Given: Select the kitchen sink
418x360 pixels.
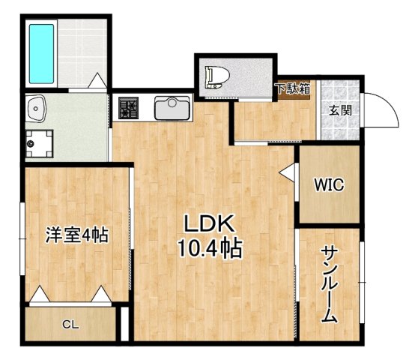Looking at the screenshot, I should tap(172, 109).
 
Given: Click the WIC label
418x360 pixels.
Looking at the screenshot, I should tap(329, 185).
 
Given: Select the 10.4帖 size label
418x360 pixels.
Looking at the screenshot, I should tap(210, 248).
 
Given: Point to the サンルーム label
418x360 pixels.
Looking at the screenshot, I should tap(329, 284).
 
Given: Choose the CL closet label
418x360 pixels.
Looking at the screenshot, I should tap(70, 324).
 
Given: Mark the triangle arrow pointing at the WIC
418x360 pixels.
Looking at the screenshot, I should tap(287, 172).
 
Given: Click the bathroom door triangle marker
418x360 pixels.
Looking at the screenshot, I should tap(97, 80).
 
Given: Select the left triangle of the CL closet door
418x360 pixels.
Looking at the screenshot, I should tap(40, 295).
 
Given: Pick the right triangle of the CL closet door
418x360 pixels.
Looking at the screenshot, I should tap(100, 295).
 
